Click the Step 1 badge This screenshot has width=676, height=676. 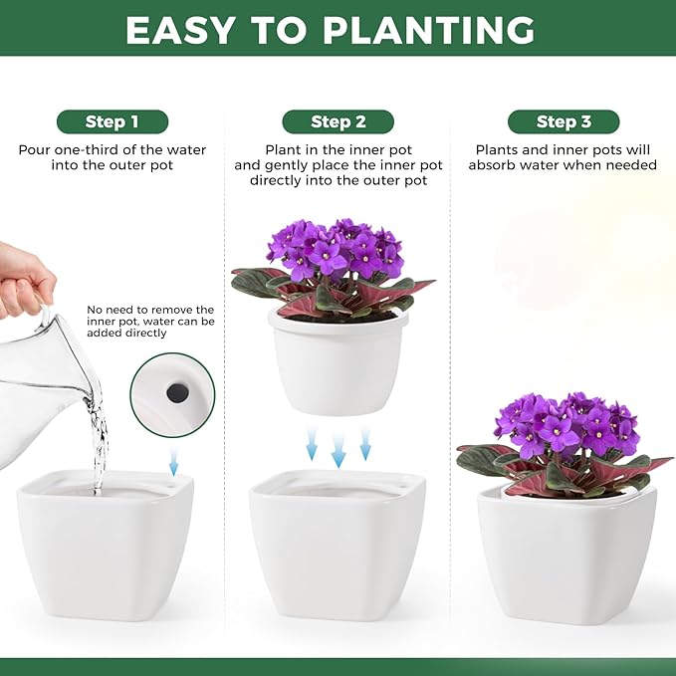[112, 122]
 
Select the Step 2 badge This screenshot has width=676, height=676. [338, 122]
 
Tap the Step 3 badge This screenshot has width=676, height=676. [563, 122]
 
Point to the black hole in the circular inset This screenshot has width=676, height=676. [178, 393]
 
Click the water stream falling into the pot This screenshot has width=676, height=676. [98, 448]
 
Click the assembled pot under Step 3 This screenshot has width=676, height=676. [566, 553]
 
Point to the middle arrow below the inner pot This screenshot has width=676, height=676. [338, 448]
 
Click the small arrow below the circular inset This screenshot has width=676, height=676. [174, 460]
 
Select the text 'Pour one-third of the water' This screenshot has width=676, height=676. [112, 150]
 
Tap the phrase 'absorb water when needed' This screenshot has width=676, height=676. [563, 165]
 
